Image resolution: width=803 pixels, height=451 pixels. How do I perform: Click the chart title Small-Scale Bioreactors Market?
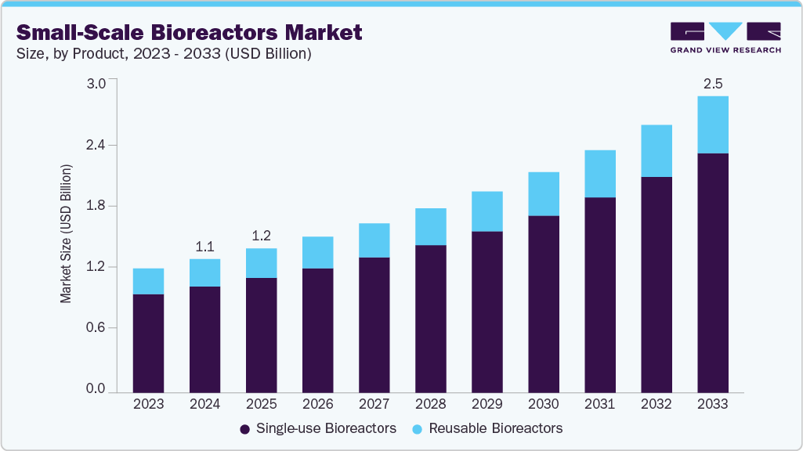[x=190, y=32]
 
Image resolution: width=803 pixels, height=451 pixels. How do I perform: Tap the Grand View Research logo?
[x=725, y=38]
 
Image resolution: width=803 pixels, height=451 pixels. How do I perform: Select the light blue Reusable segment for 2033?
[x=712, y=124]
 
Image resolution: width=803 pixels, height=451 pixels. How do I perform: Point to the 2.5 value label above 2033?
[x=712, y=82]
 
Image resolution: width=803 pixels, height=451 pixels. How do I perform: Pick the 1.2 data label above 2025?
[x=261, y=235]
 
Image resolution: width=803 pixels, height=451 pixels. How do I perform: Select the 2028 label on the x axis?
[x=430, y=405]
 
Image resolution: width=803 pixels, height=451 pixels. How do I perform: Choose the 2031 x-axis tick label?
[x=599, y=405]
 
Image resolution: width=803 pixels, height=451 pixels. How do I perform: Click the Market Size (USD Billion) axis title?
[x=67, y=235]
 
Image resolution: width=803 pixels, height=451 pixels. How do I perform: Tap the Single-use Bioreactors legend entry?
[x=317, y=428]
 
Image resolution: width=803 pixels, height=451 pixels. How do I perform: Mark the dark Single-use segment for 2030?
[x=543, y=303]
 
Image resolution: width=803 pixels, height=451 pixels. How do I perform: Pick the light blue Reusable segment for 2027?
[x=374, y=240]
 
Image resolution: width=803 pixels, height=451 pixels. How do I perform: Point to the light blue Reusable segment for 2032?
[x=656, y=151]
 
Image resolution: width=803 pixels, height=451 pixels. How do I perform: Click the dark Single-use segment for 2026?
[x=317, y=330]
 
